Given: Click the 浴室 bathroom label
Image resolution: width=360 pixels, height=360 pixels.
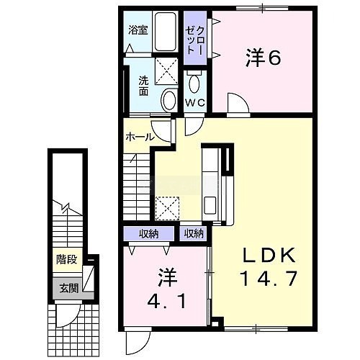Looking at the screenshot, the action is [x=138, y=30].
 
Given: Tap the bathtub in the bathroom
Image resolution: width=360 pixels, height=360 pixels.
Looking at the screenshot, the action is [x=165, y=31].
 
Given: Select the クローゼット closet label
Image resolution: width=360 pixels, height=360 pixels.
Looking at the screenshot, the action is [x=195, y=40].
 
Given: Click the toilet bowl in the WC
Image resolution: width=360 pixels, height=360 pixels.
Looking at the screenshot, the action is [x=195, y=84].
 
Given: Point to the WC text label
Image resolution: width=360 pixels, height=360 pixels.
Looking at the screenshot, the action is [x=195, y=103].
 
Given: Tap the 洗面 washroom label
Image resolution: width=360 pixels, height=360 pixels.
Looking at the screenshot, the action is [x=143, y=86].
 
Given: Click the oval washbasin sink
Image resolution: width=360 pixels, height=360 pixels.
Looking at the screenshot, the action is [x=169, y=100].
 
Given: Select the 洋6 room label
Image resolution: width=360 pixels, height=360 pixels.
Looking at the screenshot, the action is [x=263, y=58].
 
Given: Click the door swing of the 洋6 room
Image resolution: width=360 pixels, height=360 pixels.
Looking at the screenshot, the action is [x=238, y=102].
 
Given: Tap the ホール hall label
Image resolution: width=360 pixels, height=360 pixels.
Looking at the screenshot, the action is [x=139, y=137].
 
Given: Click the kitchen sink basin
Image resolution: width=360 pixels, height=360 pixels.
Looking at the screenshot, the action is [x=210, y=204].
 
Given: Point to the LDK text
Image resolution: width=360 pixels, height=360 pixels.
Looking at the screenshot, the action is [x=269, y=256].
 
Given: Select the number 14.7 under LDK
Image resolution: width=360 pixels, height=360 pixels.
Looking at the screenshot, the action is [x=269, y=279].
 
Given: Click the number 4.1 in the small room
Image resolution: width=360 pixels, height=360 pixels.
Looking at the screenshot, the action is [x=166, y=302].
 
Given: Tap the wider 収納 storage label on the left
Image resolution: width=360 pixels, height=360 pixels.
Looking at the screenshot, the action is [x=149, y=233].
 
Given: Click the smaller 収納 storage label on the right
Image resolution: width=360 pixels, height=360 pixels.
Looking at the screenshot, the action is [x=194, y=233].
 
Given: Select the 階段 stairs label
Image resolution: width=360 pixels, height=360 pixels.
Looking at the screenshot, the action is [x=66, y=259].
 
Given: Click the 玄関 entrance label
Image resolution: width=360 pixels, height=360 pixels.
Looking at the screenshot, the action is [x=69, y=288].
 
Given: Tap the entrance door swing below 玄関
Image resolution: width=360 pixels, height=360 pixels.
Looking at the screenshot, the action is [x=67, y=315].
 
